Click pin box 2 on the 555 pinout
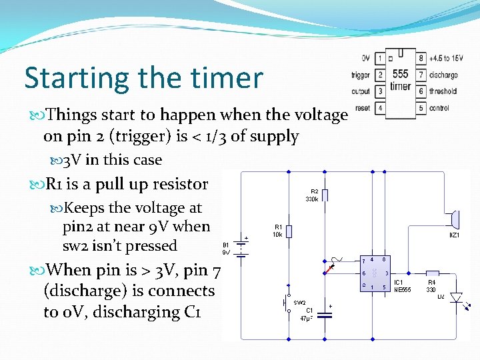pyautogui.click(x=379, y=75)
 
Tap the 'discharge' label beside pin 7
pyautogui.click(x=443, y=75)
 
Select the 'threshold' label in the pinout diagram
pyautogui.click(x=443, y=91)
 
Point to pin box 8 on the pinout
pyautogui.click(x=421, y=58)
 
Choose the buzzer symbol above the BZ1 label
pyautogui.click(x=454, y=219)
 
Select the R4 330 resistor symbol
pyautogui.click(x=432, y=273)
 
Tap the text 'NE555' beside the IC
pyautogui.click(x=403, y=289)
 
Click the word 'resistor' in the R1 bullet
pyautogui.click(x=180, y=184)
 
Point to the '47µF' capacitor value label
pyautogui.click(x=308, y=319)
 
